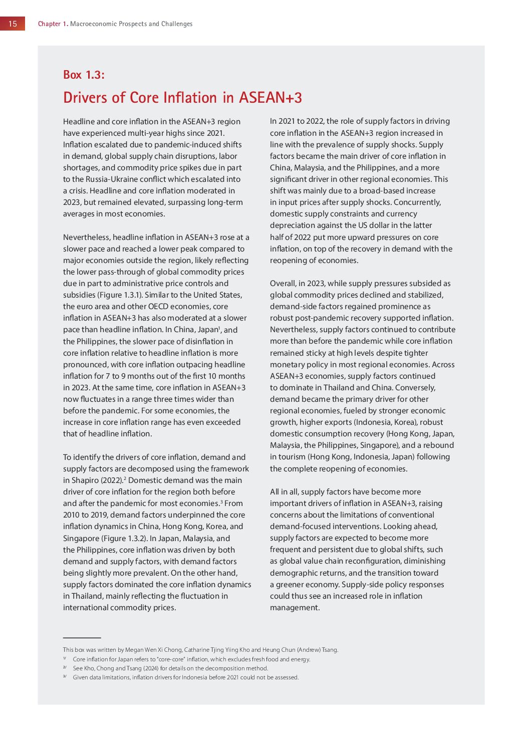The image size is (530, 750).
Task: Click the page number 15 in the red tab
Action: pyautogui.click(x=13, y=24)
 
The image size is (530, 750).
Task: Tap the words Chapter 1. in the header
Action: pyautogui.click(x=53, y=24)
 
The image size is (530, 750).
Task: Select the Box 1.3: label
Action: pyautogui.click(x=84, y=75)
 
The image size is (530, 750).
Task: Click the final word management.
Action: pyautogui.click(x=295, y=608)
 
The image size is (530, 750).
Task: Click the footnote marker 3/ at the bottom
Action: pyautogui.click(x=65, y=677)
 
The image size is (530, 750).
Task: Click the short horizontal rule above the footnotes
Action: pyautogui.click(x=82, y=638)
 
